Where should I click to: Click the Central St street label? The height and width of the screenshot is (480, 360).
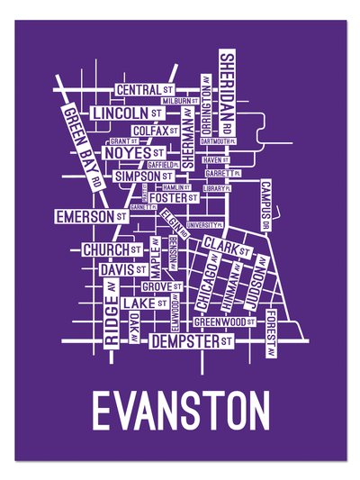pyautogui.click(x=145, y=91)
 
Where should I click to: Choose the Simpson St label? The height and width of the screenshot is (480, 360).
pyautogui.click(x=143, y=177)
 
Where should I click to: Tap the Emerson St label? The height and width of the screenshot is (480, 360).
pyautogui.click(x=91, y=217)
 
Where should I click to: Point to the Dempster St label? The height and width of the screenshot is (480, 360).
pyautogui.click(x=192, y=342)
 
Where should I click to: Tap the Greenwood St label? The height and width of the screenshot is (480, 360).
pyautogui.click(x=225, y=320)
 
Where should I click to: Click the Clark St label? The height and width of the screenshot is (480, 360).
pyautogui.click(x=226, y=246)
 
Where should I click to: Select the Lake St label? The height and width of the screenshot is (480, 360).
pyautogui.click(x=144, y=303)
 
